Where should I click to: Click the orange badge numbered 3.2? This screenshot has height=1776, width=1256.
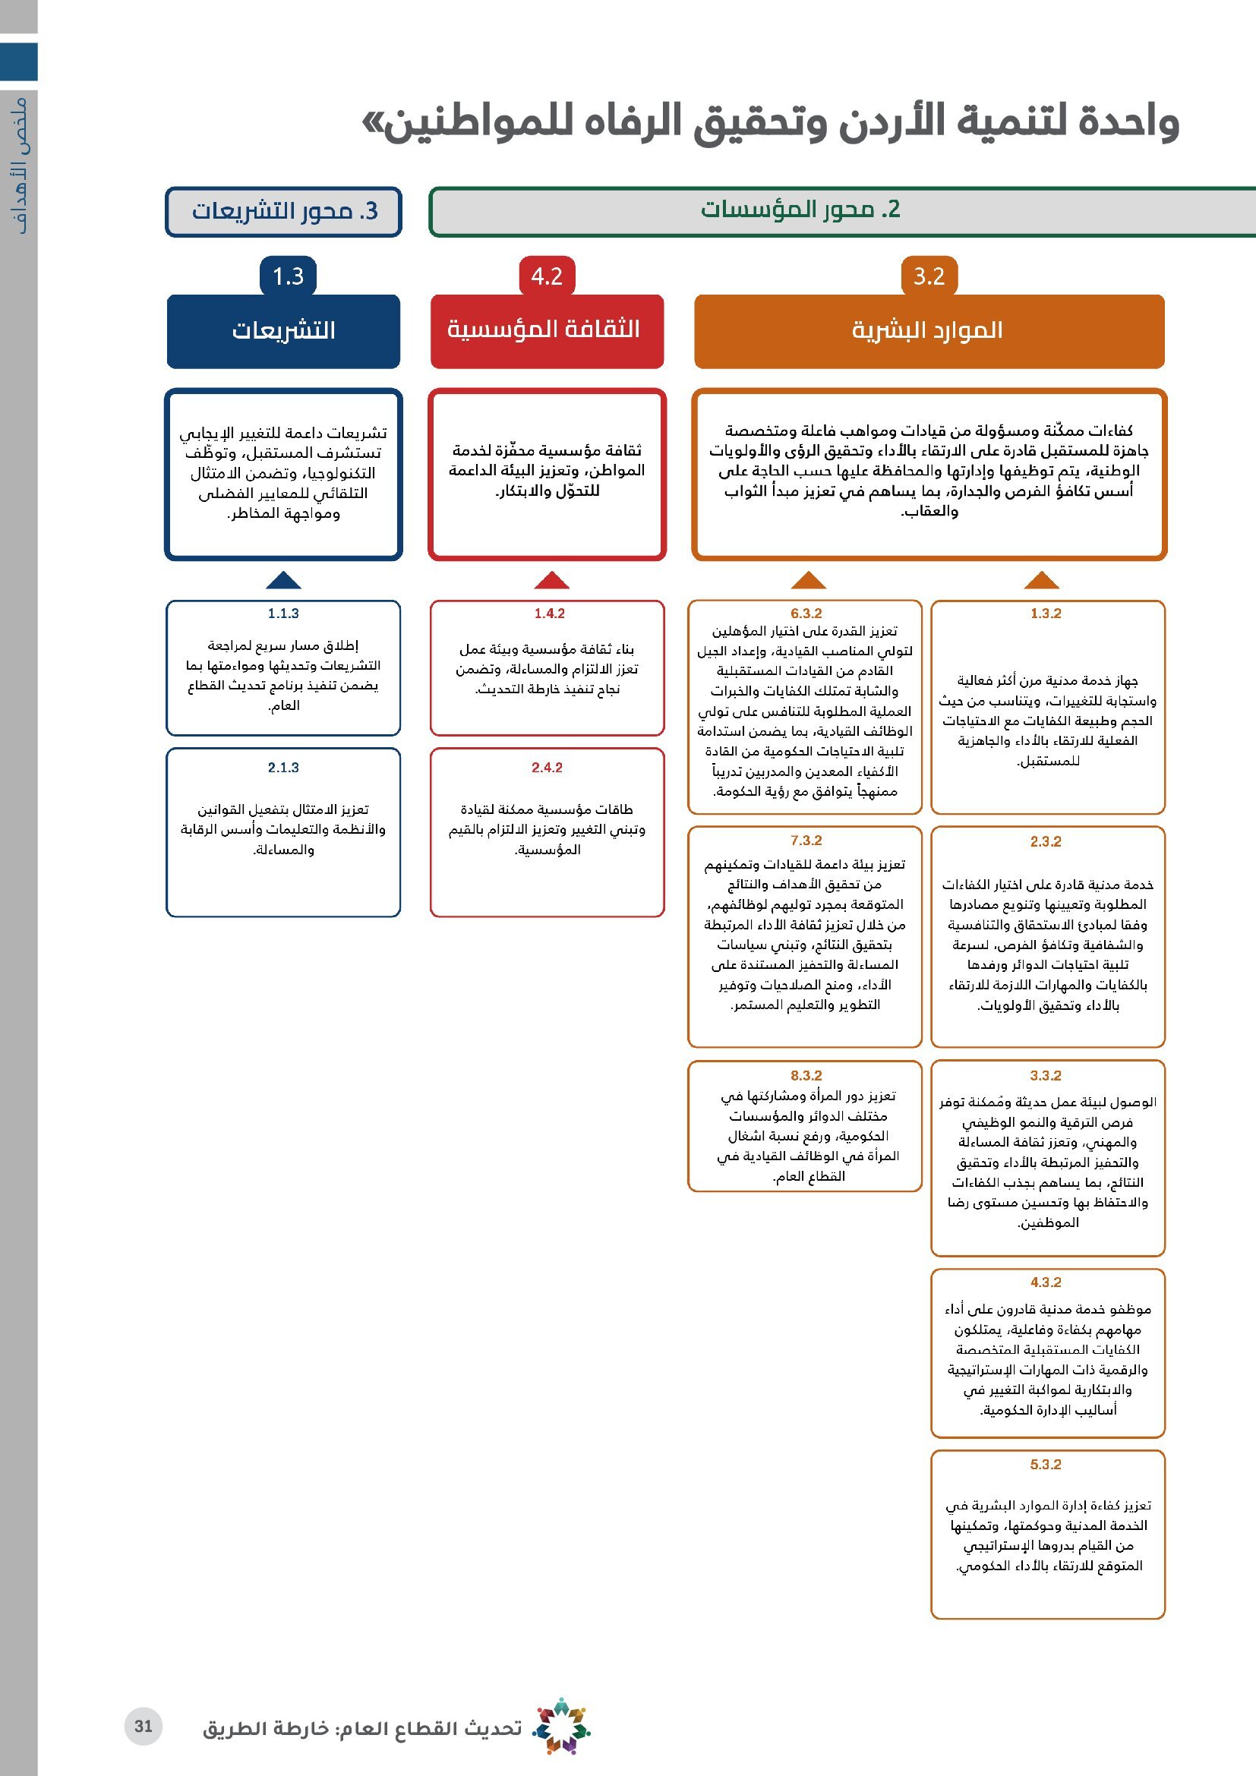point(929,276)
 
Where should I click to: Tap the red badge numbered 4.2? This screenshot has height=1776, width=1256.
point(547,276)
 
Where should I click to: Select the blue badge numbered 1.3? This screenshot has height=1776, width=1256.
point(288,276)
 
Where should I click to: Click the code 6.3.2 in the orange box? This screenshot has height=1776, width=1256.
point(806,614)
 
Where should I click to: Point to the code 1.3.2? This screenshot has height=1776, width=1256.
point(1046,614)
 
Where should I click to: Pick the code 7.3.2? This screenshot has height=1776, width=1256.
point(806,841)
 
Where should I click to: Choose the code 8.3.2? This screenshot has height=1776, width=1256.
point(806,1076)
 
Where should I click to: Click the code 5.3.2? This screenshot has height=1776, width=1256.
point(1046,1465)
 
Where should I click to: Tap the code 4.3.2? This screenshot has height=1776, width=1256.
point(1046,1282)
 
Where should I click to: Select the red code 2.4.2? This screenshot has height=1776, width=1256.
point(547,768)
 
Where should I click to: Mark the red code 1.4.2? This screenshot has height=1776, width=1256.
point(549,614)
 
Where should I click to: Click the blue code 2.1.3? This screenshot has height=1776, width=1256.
point(283,768)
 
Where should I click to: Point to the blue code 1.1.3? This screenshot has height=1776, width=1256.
point(283,614)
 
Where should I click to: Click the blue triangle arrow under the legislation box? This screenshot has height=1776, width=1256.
point(283,580)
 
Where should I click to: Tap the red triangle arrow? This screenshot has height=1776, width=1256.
point(551,580)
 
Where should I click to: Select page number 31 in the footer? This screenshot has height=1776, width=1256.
point(143,1727)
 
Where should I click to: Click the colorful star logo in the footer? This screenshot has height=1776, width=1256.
point(562,1726)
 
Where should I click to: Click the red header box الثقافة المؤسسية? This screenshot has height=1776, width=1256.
point(547,331)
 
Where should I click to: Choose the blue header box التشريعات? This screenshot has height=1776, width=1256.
point(283,331)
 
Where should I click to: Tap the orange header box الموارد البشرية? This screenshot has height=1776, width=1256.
point(929,331)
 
